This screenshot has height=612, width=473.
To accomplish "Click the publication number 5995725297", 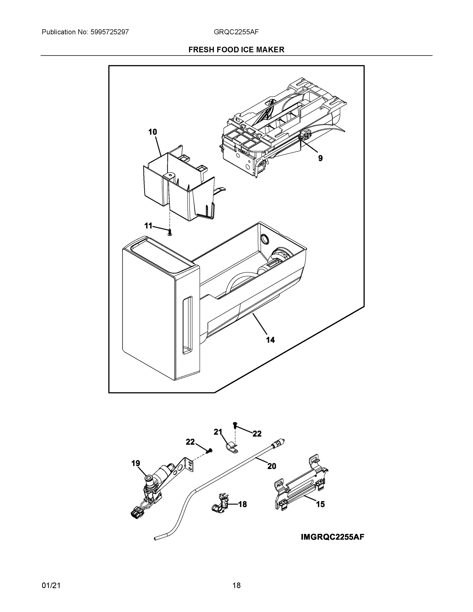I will pyautogui.click(x=109, y=32).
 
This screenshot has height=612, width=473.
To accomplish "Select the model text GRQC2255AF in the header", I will pyautogui.click(x=236, y=32).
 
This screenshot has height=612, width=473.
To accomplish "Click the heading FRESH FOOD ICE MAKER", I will pyautogui.click(x=236, y=50).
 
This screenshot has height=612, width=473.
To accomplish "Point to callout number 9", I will pyautogui.click(x=320, y=158).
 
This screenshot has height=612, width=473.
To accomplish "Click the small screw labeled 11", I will pyautogui.click(x=170, y=232).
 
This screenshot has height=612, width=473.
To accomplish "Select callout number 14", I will pyautogui.click(x=270, y=340).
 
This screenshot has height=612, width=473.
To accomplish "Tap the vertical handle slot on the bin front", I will pyautogui.click(x=187, y=325).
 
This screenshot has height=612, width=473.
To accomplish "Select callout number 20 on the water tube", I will pyautogui.click(x=272, y=466).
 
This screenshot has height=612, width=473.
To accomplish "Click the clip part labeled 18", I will pyautogui.click(x=220, y=505).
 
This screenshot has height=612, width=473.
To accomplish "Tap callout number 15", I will pyautogui.click(x=320, y=504).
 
